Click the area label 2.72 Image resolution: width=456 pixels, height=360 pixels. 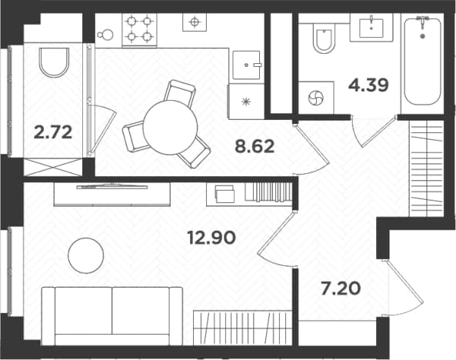click(53, 132)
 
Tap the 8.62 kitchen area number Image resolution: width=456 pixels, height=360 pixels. click(255, 146)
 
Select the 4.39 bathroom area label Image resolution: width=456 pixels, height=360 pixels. click(368, 85)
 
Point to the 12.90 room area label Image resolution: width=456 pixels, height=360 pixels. click(211, 238)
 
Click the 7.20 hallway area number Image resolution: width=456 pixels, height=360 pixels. click(341, 289)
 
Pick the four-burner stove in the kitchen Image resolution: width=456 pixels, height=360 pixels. click(140, 29)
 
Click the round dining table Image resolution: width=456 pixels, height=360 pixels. click(171, 128)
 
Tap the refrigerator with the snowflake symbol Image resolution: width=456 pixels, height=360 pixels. click(246, 102)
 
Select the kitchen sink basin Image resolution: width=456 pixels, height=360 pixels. click(246, 65)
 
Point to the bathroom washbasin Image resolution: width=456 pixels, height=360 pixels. click(371, 28)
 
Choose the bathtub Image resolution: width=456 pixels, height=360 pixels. click(422, 61)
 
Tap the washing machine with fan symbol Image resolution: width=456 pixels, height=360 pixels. click(316, 98)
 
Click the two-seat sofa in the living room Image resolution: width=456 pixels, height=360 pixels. click(112, 316)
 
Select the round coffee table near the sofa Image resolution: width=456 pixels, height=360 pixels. click(86, 255)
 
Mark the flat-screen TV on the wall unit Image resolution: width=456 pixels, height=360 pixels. click(112, 186)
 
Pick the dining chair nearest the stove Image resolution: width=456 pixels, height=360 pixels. click(179, 94)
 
